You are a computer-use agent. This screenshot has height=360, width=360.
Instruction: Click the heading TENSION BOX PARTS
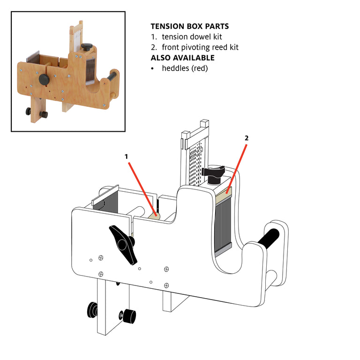(x=190, y=27)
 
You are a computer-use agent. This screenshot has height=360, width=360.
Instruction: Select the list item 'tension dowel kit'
(x=192, y=37)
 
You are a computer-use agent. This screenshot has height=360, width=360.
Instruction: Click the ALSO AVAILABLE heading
(x=182, y=58)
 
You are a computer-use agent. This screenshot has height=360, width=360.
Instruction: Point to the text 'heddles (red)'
(x=184, y=68)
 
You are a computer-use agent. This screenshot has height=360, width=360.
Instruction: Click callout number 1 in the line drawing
(x=126, y=157)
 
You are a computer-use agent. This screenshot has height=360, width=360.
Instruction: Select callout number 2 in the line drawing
(x=247, y=138)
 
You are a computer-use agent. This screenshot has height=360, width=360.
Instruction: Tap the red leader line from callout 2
(x=237, y=166)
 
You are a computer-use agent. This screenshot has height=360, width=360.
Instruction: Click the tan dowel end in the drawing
(x=154, y=216)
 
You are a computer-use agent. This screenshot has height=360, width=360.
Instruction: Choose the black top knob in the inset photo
(x=87, y=47)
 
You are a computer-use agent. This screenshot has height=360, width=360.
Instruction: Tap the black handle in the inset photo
(x=113, y=75)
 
